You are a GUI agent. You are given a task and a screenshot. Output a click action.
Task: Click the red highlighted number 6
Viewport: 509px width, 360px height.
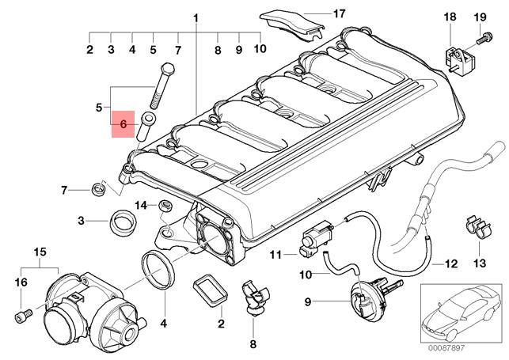(x=123, y=124)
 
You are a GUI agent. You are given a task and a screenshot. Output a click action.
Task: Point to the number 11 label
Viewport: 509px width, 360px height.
(x=275, y=255)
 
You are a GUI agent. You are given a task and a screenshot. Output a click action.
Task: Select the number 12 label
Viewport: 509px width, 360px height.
(x=451, y=263)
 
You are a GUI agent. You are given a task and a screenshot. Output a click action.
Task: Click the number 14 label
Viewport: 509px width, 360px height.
(x=141, y=206)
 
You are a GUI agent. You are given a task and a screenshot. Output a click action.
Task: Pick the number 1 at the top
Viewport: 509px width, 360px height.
(x=196, y=17)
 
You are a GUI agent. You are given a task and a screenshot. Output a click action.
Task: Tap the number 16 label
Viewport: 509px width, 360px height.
(x=21, y=282)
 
